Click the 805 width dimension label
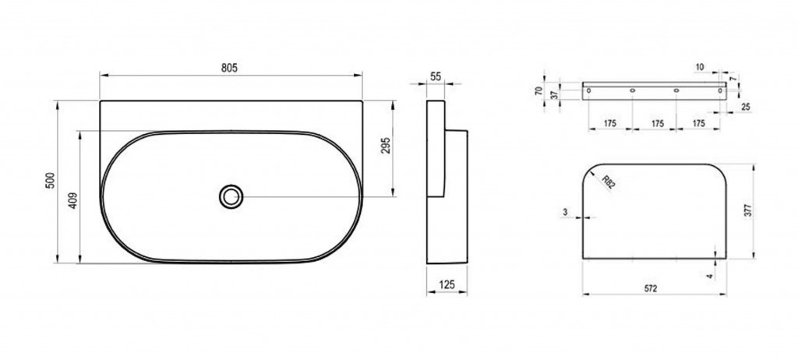(230, 69)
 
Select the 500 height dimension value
(50, 180)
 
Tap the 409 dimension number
(72, 200)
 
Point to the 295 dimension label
(386, 146)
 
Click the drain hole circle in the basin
(231, 196)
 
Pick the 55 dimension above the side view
(436, 77)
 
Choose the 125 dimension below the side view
(447, 284)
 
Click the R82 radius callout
(608, 182)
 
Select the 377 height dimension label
(747, 211)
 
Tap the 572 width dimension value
(651, 288)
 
